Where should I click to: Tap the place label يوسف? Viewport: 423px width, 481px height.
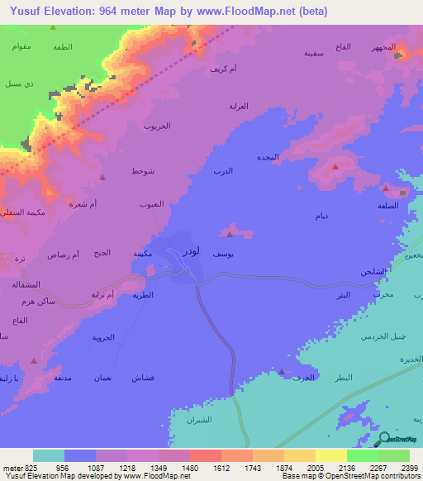(x=222, y=255)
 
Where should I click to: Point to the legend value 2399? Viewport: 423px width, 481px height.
(x=399, y=468)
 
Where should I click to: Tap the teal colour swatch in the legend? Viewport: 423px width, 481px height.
(x=49, y=455)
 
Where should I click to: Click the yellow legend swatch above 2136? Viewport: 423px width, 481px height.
(x=331, y=455)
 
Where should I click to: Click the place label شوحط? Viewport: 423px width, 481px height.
(x=142, y=171)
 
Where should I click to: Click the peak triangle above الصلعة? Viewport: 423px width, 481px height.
(x=386, y=188)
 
